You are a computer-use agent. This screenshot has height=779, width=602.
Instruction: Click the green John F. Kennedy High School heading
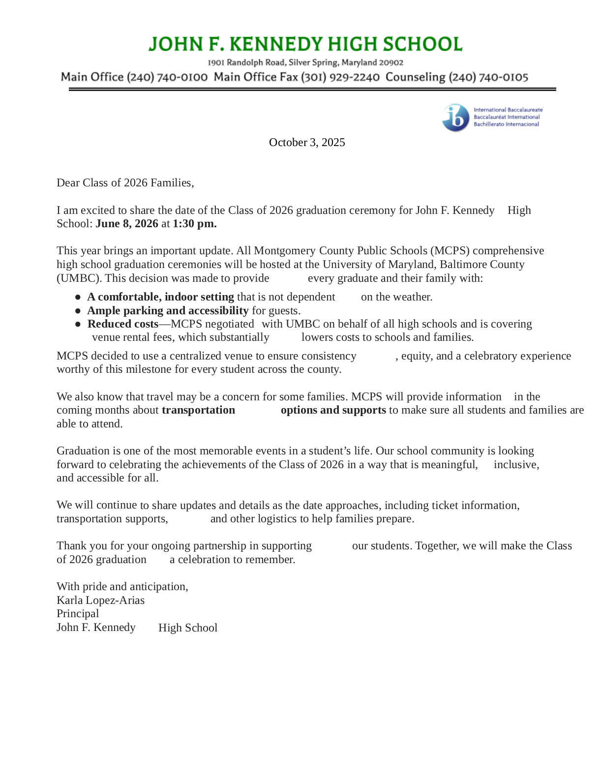coord(305,44)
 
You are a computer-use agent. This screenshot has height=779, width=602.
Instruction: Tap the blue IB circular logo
coord(455,118)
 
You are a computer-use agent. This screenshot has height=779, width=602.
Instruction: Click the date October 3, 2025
coord(307,143)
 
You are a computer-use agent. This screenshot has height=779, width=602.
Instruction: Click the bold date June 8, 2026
coord(127,224)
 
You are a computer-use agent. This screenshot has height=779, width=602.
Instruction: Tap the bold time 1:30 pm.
coord(194,224)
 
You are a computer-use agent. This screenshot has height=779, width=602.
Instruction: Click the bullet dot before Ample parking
coord(78,311)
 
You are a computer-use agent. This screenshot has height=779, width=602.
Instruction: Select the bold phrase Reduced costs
coord(123,324)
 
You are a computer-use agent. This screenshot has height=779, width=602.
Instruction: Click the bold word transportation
coord(198,410)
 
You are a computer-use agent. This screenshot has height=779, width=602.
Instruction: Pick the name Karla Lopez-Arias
coord(100,600)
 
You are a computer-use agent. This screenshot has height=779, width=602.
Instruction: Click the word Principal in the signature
coord(78,614)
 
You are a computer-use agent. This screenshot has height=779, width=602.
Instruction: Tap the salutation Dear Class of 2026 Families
coord(125,183)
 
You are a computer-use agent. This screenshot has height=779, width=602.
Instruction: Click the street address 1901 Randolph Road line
coord(305,62)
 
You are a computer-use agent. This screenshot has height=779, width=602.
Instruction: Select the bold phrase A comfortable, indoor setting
coord(160,297)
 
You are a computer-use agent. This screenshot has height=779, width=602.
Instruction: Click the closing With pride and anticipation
coord(122,587)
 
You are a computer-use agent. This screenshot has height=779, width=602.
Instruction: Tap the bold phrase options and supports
coord(333,410)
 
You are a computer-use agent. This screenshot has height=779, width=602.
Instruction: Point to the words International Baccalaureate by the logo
coord(508,110)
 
